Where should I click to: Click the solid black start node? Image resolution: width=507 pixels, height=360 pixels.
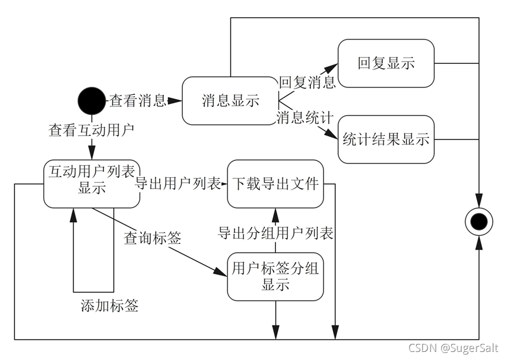click(x=91, y=101)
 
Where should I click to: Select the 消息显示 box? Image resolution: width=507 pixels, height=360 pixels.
click(x=230, y=101)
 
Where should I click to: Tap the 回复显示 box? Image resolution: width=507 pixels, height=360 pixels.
click(x=386, y=63)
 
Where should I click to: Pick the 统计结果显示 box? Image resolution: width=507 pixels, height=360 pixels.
click(x=386, y=139)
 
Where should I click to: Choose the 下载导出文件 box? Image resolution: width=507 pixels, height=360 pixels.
click(x=275, y=183)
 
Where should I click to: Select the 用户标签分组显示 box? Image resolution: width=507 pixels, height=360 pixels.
click(x=275, y=276)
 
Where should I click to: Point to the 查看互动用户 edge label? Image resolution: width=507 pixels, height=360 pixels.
click(x=91, y=131)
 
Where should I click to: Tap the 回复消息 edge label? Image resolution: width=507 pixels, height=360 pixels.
click(x=307, y=82)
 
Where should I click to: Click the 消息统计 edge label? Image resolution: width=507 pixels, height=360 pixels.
click(x=305, y=118)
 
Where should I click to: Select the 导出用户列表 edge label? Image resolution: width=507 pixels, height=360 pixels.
click(x=178, y=184)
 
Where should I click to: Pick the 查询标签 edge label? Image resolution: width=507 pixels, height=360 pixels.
click(x=152, y=238)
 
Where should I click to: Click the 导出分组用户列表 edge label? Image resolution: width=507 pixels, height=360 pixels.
click(x=275, y=233)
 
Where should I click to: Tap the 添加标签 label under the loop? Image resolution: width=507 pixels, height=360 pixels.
click(x=109, y=305)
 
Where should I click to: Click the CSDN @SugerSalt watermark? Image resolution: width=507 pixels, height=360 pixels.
click(x=453, y=348)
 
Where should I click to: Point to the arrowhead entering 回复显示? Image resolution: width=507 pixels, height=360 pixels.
click(x=332, y=66)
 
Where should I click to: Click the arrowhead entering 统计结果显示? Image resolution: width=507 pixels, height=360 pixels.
click(x=332, y=136)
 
